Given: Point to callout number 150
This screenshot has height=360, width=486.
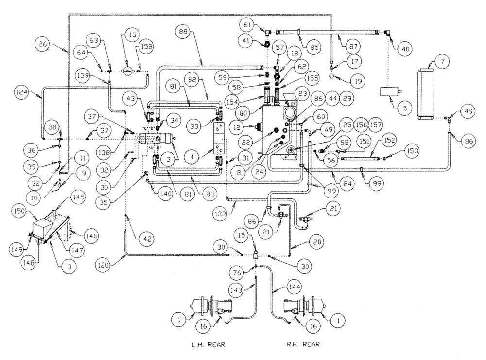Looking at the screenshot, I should (39, 212).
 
